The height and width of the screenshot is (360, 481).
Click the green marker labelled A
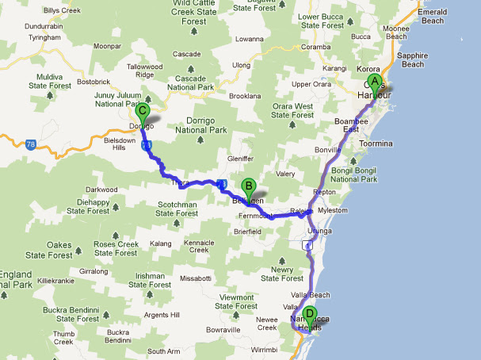pyautogui.click(x=375, y=82)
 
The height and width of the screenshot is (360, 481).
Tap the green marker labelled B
pyautogui.click(x=248, y=188)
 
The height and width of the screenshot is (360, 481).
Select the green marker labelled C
pyautogui.click(x=143, y=112)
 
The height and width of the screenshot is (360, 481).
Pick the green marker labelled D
pyautogui.click(x=310, y=314)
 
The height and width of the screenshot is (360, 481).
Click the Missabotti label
pyautogui.click(x=196, y=278)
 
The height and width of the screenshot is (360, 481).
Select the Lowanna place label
pyautogui.click(x=249, y=38)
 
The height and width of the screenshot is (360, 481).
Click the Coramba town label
pyautogui.click(x=315, y=46)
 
